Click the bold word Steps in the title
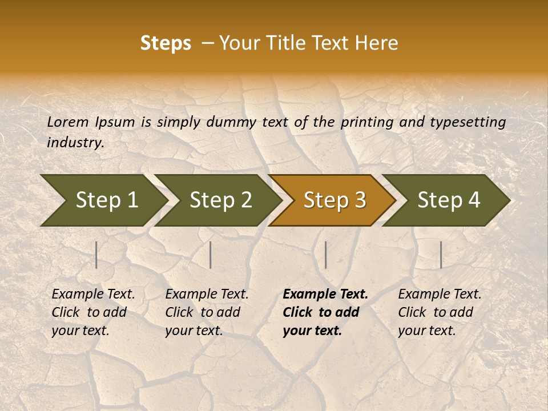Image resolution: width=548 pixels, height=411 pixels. click(166, 43)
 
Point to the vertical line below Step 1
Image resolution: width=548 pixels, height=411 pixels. click(96, 255)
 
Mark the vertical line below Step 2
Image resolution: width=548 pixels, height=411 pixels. click(211, 255)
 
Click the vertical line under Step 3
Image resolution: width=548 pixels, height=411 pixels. click(326, 255)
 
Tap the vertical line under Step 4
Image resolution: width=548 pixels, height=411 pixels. click(441, 255)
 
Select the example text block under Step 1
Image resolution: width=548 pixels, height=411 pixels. click(93, 312)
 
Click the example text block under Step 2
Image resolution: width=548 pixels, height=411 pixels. click(207, 312)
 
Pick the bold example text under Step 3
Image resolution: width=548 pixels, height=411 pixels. click(325, 312)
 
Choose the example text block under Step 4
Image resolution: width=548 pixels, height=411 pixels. click(440, 312)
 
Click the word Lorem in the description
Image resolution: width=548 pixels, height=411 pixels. click(67, 122)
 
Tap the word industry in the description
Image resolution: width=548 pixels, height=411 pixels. click(75, 143)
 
